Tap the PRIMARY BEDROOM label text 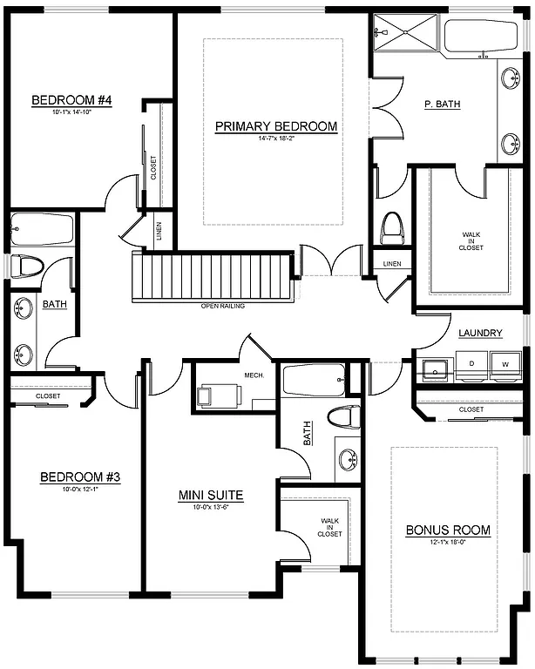click(276, 126)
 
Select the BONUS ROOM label click(448, 530)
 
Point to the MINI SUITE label click(211, 496)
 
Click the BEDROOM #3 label click(80, 477)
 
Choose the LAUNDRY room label click(480, 333)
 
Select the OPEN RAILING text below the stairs click(222, 307)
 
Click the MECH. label click(254, 375)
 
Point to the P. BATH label click(442, 105)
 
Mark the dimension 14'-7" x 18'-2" click(276, 139)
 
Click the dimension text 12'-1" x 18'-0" click(448, 543)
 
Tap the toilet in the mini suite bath click(344, 416)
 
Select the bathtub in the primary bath click(480, 39)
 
